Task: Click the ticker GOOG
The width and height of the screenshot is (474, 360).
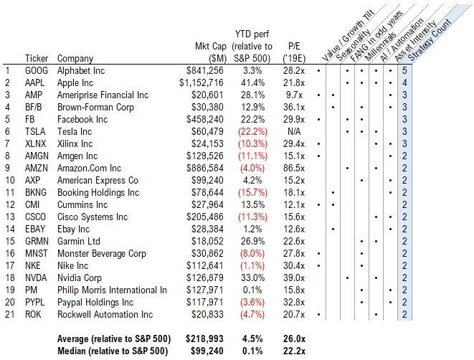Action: (x=37, y=71)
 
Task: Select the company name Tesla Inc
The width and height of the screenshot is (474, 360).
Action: (x=77, y=131)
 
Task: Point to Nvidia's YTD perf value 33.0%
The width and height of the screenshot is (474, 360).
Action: (x=252, y=278)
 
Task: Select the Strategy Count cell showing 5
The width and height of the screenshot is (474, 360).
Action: (x=405, y=71)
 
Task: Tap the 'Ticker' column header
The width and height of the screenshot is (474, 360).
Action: (x=37, y=58)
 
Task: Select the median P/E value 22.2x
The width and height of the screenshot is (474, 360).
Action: (x=294, y=351)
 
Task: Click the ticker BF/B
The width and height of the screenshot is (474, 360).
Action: (x=35, y=107)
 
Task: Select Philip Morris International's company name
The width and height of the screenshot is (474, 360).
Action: (x=113, y=290)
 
